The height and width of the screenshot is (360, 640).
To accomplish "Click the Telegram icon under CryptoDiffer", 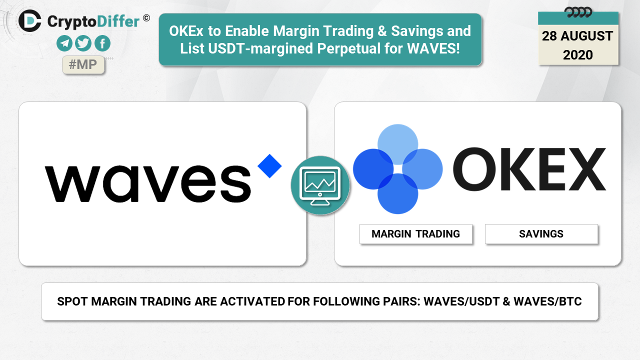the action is coord(64,43).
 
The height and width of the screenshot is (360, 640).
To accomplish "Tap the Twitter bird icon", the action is coord(83,43).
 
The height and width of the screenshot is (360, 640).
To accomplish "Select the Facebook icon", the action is coord(102,43).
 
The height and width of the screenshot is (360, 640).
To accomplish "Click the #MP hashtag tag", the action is coord(83,65).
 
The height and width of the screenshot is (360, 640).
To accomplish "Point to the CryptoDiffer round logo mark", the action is coord(29,21).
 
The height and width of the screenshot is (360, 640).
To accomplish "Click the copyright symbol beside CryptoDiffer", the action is coord(146,18).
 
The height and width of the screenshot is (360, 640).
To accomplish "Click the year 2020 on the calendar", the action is coord(577,55).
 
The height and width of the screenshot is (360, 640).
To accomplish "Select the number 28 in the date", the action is coord(549,36).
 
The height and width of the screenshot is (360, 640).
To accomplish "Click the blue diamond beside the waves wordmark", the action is coord(269,166).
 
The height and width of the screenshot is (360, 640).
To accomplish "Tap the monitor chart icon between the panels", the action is coord(320,185).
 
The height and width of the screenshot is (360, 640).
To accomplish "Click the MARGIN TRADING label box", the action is coord(415,234).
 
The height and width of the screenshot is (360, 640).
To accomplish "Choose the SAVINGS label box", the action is coord(541,234).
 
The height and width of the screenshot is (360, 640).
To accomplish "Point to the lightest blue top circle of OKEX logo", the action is coord(397,144).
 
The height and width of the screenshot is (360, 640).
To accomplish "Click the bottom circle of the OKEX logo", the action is coord(397,193).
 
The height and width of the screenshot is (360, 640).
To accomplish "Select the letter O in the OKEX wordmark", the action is coord(474,169).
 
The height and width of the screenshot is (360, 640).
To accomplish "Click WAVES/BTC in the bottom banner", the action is coord(547,301).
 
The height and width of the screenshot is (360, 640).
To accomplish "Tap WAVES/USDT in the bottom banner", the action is coord(460,301).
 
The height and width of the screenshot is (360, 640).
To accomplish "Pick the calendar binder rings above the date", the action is coord(578,12).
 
